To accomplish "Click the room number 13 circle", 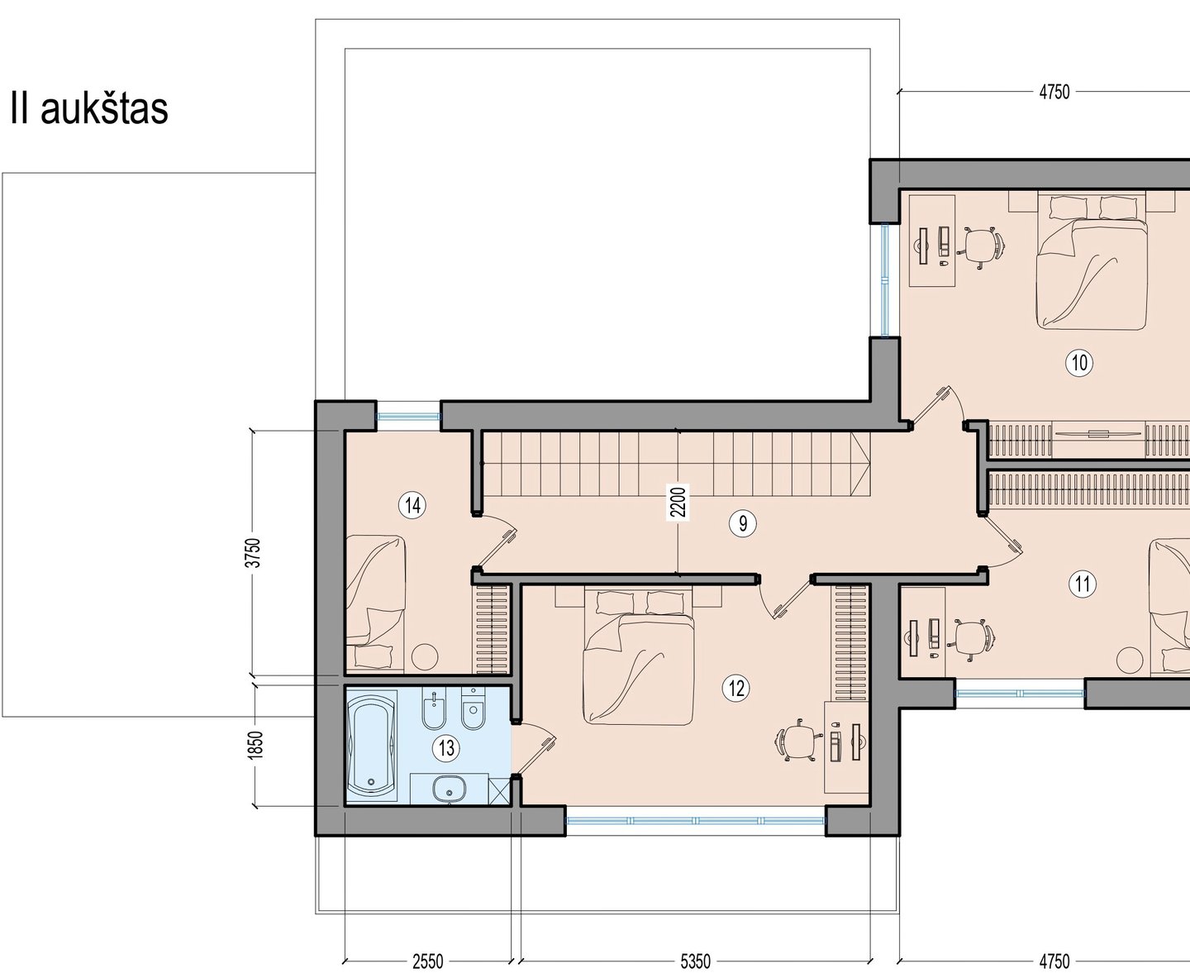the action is (x=446, y=748).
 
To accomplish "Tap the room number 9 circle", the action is (x=743, y=524).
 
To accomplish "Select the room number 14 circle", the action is (x=412, y=505).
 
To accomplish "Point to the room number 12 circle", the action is (x=736, y=689).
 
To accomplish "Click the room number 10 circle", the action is (x=1078, y=363).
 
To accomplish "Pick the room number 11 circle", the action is (x=1083, y=584).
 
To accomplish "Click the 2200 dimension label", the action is (x=678, y=502).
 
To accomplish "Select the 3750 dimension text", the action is (x=255, y=553).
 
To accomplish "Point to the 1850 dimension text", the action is (x=255, y=746).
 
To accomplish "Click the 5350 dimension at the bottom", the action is (x=695, y=961).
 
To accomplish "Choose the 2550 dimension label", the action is (x=428, y=961).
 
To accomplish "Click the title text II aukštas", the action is (x=89, y=108).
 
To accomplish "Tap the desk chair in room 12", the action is (x=797, y=741).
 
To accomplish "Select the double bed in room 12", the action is (x=638, y=656).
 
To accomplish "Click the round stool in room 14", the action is (x=425, y=656).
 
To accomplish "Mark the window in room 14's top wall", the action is (x=408, y=417).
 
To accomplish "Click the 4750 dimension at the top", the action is (x=1054, y=93).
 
